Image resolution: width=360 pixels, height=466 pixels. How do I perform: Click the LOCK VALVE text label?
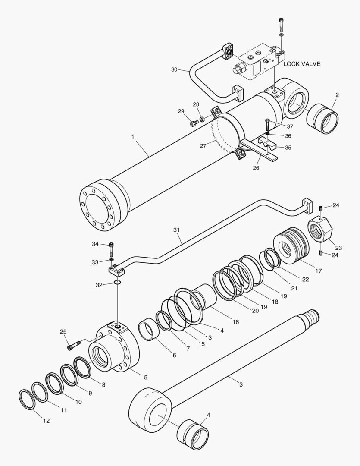(302, 64)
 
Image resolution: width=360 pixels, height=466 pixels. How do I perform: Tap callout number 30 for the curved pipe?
(174, 69)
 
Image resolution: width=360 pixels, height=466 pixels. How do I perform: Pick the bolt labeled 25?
(74, 345)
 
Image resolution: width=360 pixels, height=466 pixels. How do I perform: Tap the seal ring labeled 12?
(28, 400)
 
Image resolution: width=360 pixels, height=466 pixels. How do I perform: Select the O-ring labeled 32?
(117, 282)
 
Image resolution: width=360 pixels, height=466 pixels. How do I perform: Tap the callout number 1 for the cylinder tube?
(133, 137)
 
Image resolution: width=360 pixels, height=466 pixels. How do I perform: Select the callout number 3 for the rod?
(241, 384)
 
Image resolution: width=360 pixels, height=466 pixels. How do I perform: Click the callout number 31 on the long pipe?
(176, 230)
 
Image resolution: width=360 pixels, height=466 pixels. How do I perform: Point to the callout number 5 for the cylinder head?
(146, 377)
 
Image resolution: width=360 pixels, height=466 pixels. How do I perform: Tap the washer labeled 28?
(201, 119)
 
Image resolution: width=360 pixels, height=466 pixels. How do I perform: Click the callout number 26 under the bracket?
(256, 167)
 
